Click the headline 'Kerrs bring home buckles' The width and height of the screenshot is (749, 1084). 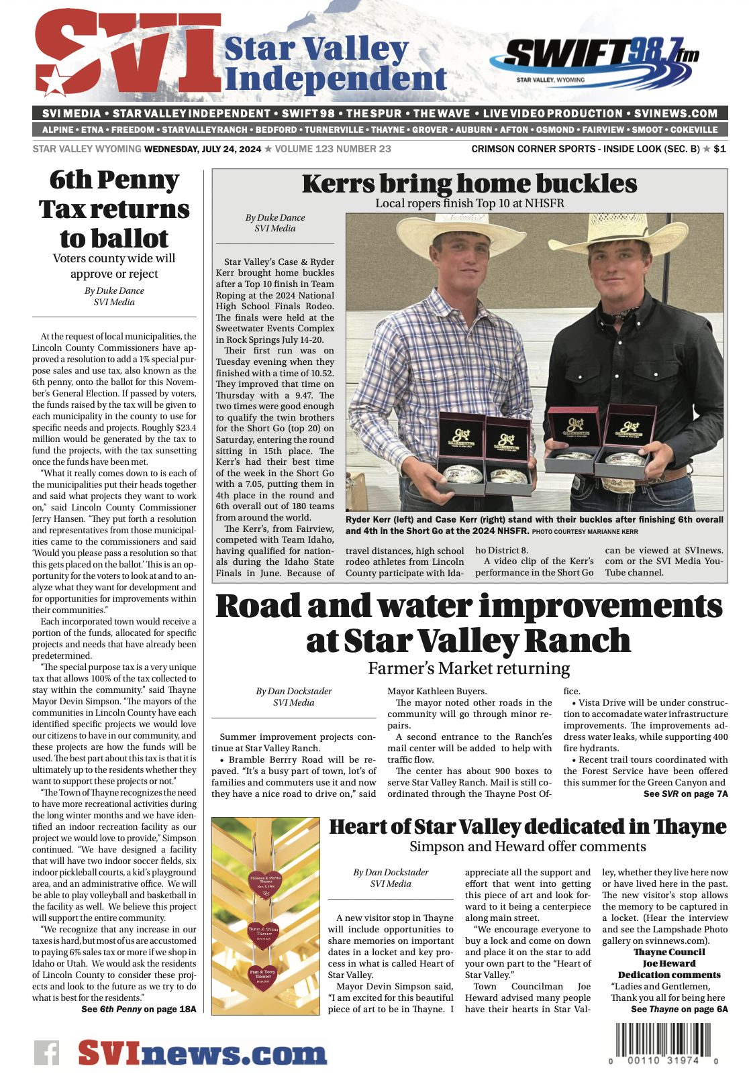(x=469, y=184)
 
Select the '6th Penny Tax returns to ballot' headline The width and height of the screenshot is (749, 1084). (x=114, y=209)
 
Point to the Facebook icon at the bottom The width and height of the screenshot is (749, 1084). (x=47, y=1052)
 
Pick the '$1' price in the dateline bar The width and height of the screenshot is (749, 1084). (x=719, y=149)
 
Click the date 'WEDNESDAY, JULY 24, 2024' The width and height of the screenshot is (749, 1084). (x=203, y=149)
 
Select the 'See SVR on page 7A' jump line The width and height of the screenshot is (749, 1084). (x=685, y=794)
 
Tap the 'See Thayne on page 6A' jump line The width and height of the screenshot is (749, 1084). (x=679, y=1009)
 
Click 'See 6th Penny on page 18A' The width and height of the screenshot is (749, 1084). (x=139, y=1009)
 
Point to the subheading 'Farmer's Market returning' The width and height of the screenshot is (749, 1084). (x=468, y=668)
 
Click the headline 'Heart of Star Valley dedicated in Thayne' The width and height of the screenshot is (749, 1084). (x=528, y=826)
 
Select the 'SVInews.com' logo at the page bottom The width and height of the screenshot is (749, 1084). (x=202, y=1053)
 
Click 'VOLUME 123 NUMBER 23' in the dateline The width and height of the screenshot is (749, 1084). (x=333, y=149)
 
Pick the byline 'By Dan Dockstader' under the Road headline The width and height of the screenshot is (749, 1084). (x=294, y=691)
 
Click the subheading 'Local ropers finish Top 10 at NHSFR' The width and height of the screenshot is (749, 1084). (x=469, y=203)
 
